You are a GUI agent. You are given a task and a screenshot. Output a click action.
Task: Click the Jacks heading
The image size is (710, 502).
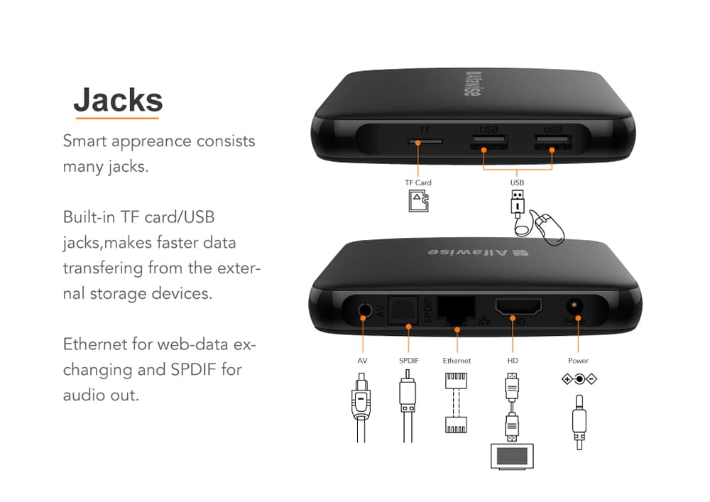[x=118, y=99]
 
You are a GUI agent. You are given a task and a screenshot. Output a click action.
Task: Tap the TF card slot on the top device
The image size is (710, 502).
[x=425, y=141]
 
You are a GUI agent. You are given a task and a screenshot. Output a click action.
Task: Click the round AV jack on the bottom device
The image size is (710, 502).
[x=364, y=311]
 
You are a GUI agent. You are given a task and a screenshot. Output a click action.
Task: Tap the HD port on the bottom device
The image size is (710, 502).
[x=518, y=308]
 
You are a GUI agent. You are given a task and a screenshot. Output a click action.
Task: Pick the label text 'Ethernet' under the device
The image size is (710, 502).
[x=457, y=361]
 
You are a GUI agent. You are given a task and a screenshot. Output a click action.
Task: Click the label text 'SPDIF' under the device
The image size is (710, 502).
[x=409, y=361]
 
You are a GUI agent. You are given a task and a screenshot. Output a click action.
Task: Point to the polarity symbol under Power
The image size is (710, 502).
[x=579, y=379]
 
